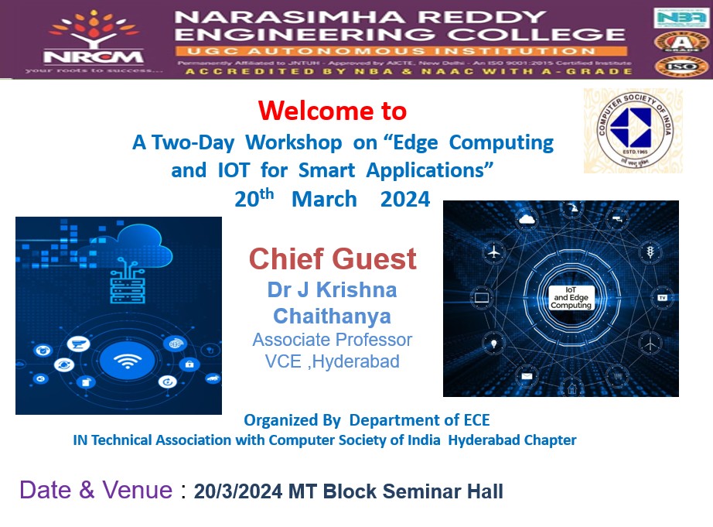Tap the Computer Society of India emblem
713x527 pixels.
(633, 130)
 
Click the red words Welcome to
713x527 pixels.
(333, 111)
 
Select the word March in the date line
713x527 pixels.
(324, 199)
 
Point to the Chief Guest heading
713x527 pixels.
(333, 258)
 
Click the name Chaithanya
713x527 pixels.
(332, 316)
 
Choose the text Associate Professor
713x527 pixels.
(332, 340)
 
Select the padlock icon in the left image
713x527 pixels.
(189, 364)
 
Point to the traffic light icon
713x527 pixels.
(649, 252)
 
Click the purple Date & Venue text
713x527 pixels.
(96, 490)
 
